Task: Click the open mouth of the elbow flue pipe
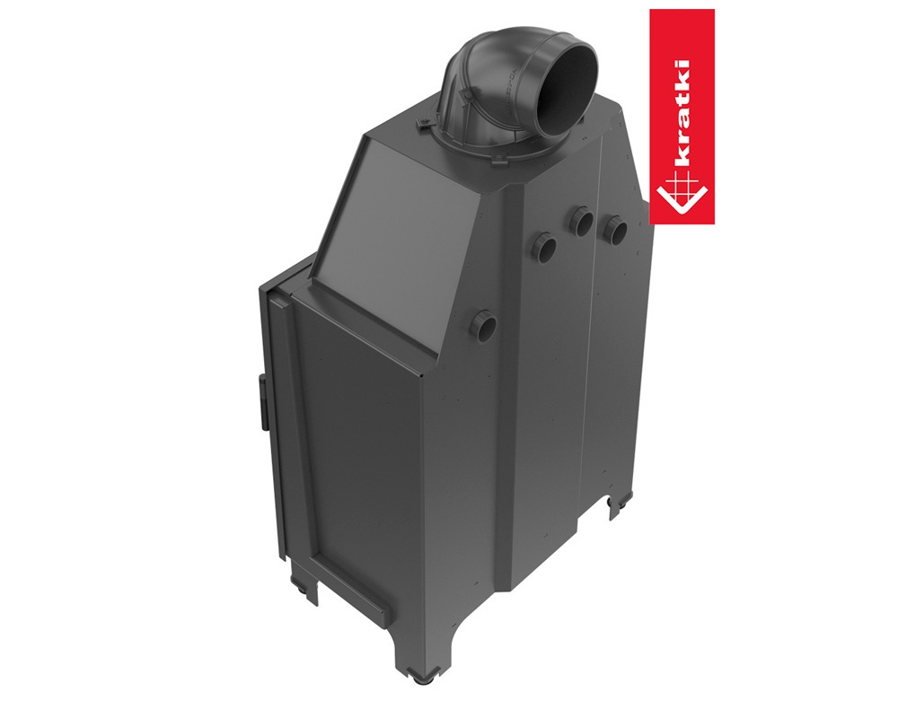point(567,91)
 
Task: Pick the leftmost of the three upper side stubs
point(545,247)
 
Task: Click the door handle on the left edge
point(263,402)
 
